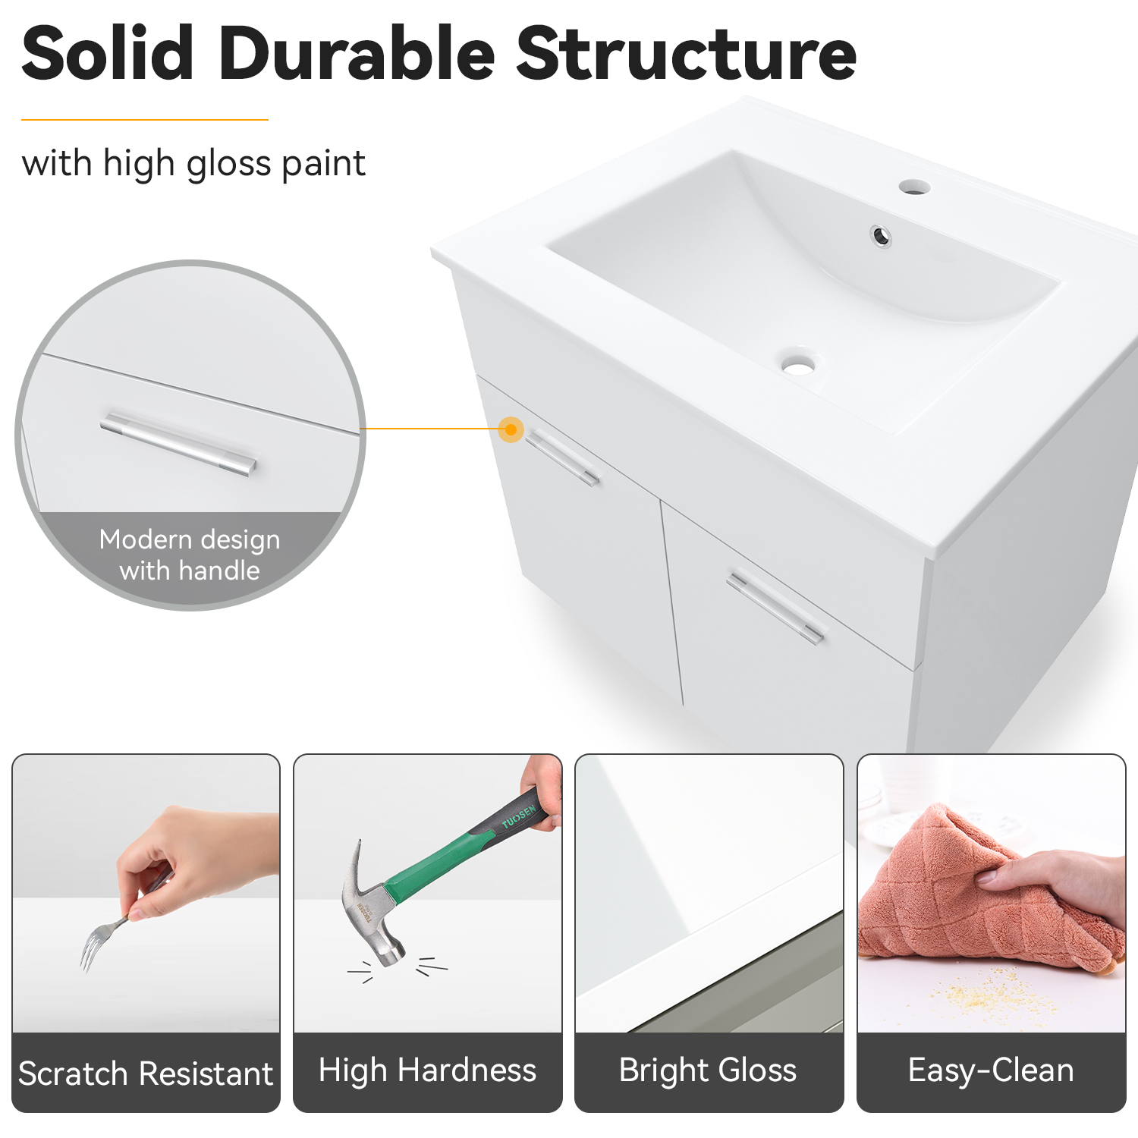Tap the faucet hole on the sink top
coord(914,187)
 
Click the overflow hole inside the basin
coord(881,236)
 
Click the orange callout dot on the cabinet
coord(511,429)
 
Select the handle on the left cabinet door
coord(562,457)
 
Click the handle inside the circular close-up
coord(178,445)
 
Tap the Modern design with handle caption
coord(190,555)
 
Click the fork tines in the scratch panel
coord(90,952)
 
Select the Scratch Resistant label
coord(146,1074)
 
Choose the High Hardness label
coord(427,1070)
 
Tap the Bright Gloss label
coord(708,1070)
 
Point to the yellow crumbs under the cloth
coord(986,990)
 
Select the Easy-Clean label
coord(991,1070)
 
